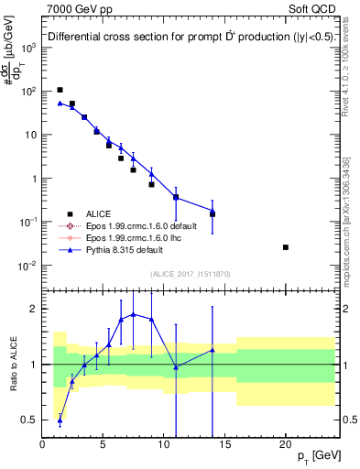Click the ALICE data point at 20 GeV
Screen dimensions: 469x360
pyautogui.click(x=286, y=247)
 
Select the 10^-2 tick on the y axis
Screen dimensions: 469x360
pyautogui.click(x=28, y=266)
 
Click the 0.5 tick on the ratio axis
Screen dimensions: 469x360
pyautogui.click(x=29, y=420)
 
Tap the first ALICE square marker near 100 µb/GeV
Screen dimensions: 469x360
pyautogui.click(x=60, y=90)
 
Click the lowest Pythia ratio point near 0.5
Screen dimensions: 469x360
pyautogui.click(x=60, y=420)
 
